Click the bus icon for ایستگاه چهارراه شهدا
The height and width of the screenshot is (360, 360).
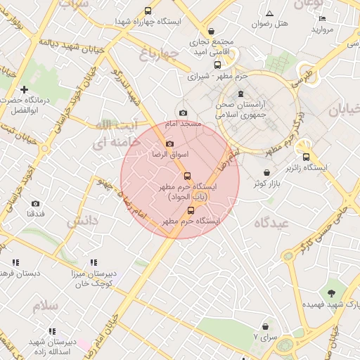148,11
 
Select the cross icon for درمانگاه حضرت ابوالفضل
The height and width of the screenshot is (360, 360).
25,89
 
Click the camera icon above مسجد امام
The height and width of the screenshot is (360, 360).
184,113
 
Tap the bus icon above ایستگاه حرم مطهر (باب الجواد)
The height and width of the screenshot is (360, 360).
187,176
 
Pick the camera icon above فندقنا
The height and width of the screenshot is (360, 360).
35,204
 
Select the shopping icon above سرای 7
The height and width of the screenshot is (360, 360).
265,326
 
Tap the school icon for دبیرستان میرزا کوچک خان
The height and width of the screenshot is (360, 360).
94,262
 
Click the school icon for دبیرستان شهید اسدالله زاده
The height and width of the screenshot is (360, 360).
51,330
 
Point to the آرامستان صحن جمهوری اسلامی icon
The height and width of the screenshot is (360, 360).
242,94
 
